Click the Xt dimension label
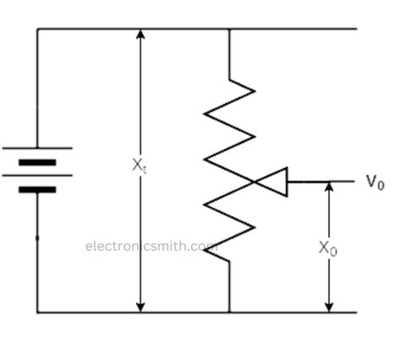tap(140, 166)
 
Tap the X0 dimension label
tap(328, 248)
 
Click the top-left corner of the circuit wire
tap(37, 30)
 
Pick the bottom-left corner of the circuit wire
tap(37, 313)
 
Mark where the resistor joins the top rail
tap(229, 30)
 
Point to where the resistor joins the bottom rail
tap(229, 313)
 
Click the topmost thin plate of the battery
tap(37, 148)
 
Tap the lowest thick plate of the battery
tap(37, 189)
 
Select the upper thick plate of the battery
tap(37, 161)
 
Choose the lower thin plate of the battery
tap(37, 176)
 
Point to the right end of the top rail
tap(356, 30)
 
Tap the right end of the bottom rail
tap(356, 313)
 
